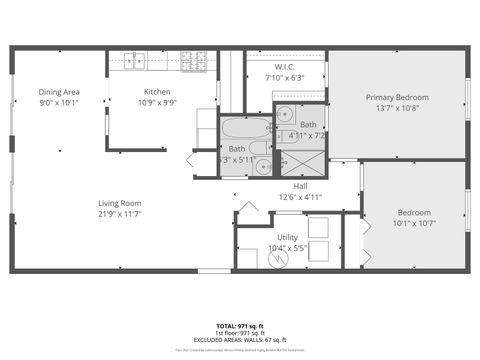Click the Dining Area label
(59, 91)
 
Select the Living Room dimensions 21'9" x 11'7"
(119, 213)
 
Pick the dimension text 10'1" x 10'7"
(414, 223)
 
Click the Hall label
(300, 186)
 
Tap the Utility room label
(287, 237)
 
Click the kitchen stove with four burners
(193, 60)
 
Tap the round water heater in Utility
(281, 258)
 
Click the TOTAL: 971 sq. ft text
(239, 326)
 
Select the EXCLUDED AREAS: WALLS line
(239, 340)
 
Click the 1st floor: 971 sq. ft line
(239, 333)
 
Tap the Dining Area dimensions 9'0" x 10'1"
(59, 102)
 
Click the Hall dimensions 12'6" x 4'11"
(300, 197)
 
